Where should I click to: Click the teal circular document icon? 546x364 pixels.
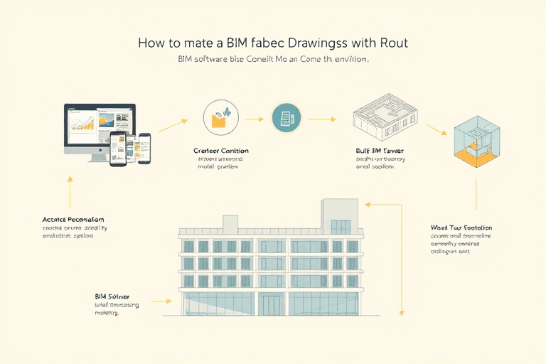[x=287, y=118]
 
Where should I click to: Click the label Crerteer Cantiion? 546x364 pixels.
[x=221, y=151]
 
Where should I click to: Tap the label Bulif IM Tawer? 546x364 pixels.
[x=380, y=151]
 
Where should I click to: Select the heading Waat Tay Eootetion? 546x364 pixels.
[x=461, y=227]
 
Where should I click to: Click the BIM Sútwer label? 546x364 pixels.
[x=112, y=295]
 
